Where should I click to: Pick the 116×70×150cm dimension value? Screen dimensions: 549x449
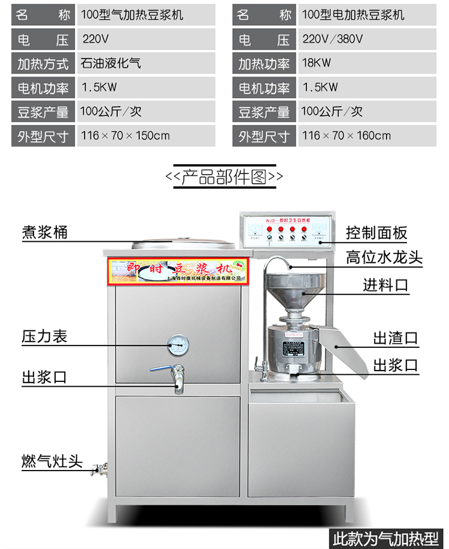point(125,135)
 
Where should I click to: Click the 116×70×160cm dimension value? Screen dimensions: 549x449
point(347,135)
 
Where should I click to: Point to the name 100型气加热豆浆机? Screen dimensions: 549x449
point(132,15)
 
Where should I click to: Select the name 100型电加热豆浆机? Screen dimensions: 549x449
point(353,15)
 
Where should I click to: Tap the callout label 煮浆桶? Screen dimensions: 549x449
point(45,233)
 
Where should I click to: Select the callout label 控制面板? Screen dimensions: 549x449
point(377,233)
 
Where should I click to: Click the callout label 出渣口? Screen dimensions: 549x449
point(396,338)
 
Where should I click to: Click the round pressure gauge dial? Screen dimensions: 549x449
point(178,343)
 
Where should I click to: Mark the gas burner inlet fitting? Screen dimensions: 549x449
point(99,468)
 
